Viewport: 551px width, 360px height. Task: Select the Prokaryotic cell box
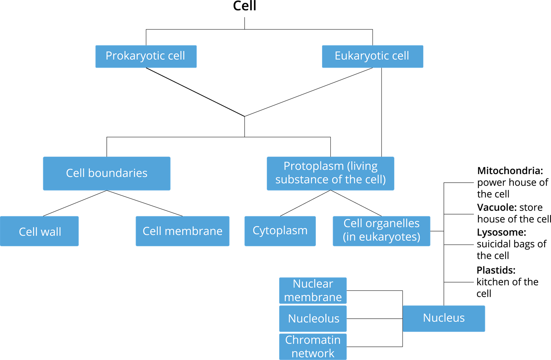146,56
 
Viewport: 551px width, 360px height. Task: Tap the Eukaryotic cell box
372,56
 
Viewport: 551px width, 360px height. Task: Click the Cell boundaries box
106,173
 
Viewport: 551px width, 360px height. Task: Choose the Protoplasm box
330,173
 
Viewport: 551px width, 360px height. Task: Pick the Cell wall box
39,231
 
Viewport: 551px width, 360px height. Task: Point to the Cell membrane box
183,231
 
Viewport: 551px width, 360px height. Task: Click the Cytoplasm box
280,231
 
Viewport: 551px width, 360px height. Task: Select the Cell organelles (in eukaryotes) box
381,231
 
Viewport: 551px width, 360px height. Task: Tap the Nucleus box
444,318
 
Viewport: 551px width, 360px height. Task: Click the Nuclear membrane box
313,290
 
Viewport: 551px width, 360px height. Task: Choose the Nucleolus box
313,318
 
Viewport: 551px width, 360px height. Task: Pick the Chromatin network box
313,346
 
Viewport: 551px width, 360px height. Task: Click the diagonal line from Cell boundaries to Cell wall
75,203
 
